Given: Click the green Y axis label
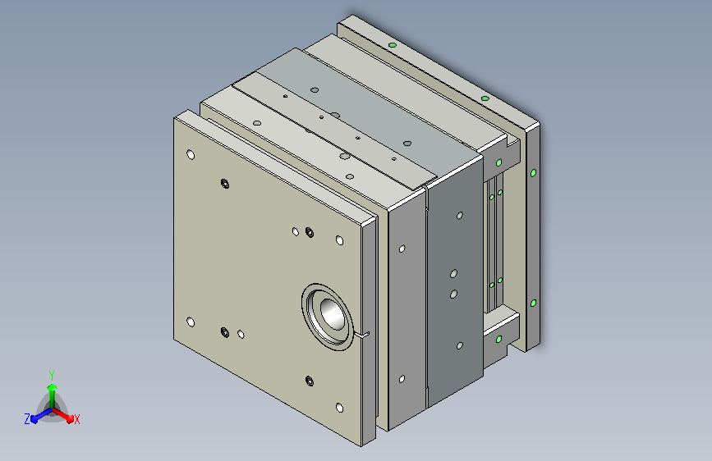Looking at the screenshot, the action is pyautogui.click(x=52, y=375).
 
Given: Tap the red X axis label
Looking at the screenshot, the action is pyautogui.click(x=76, y=419).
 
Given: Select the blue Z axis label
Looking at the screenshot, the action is pyautogui.click(x=27, y=419).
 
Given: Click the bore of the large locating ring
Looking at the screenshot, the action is pyautogui.click(x=333, y=313).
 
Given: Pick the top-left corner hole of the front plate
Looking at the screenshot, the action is pyautogui.click(x=191, y=155).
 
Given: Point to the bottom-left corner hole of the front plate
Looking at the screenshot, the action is pyautogui.click(x=191, y=322).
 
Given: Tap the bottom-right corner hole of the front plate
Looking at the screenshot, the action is pyautogui.click(x=340, y=408).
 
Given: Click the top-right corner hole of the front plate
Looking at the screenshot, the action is pyautogui.click(x=340, y=240).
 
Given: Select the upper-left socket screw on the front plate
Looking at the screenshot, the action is pyautogui.click(x=225, y=184).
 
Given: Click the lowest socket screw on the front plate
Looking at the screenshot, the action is pyautogui.click(x=310, y=381).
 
